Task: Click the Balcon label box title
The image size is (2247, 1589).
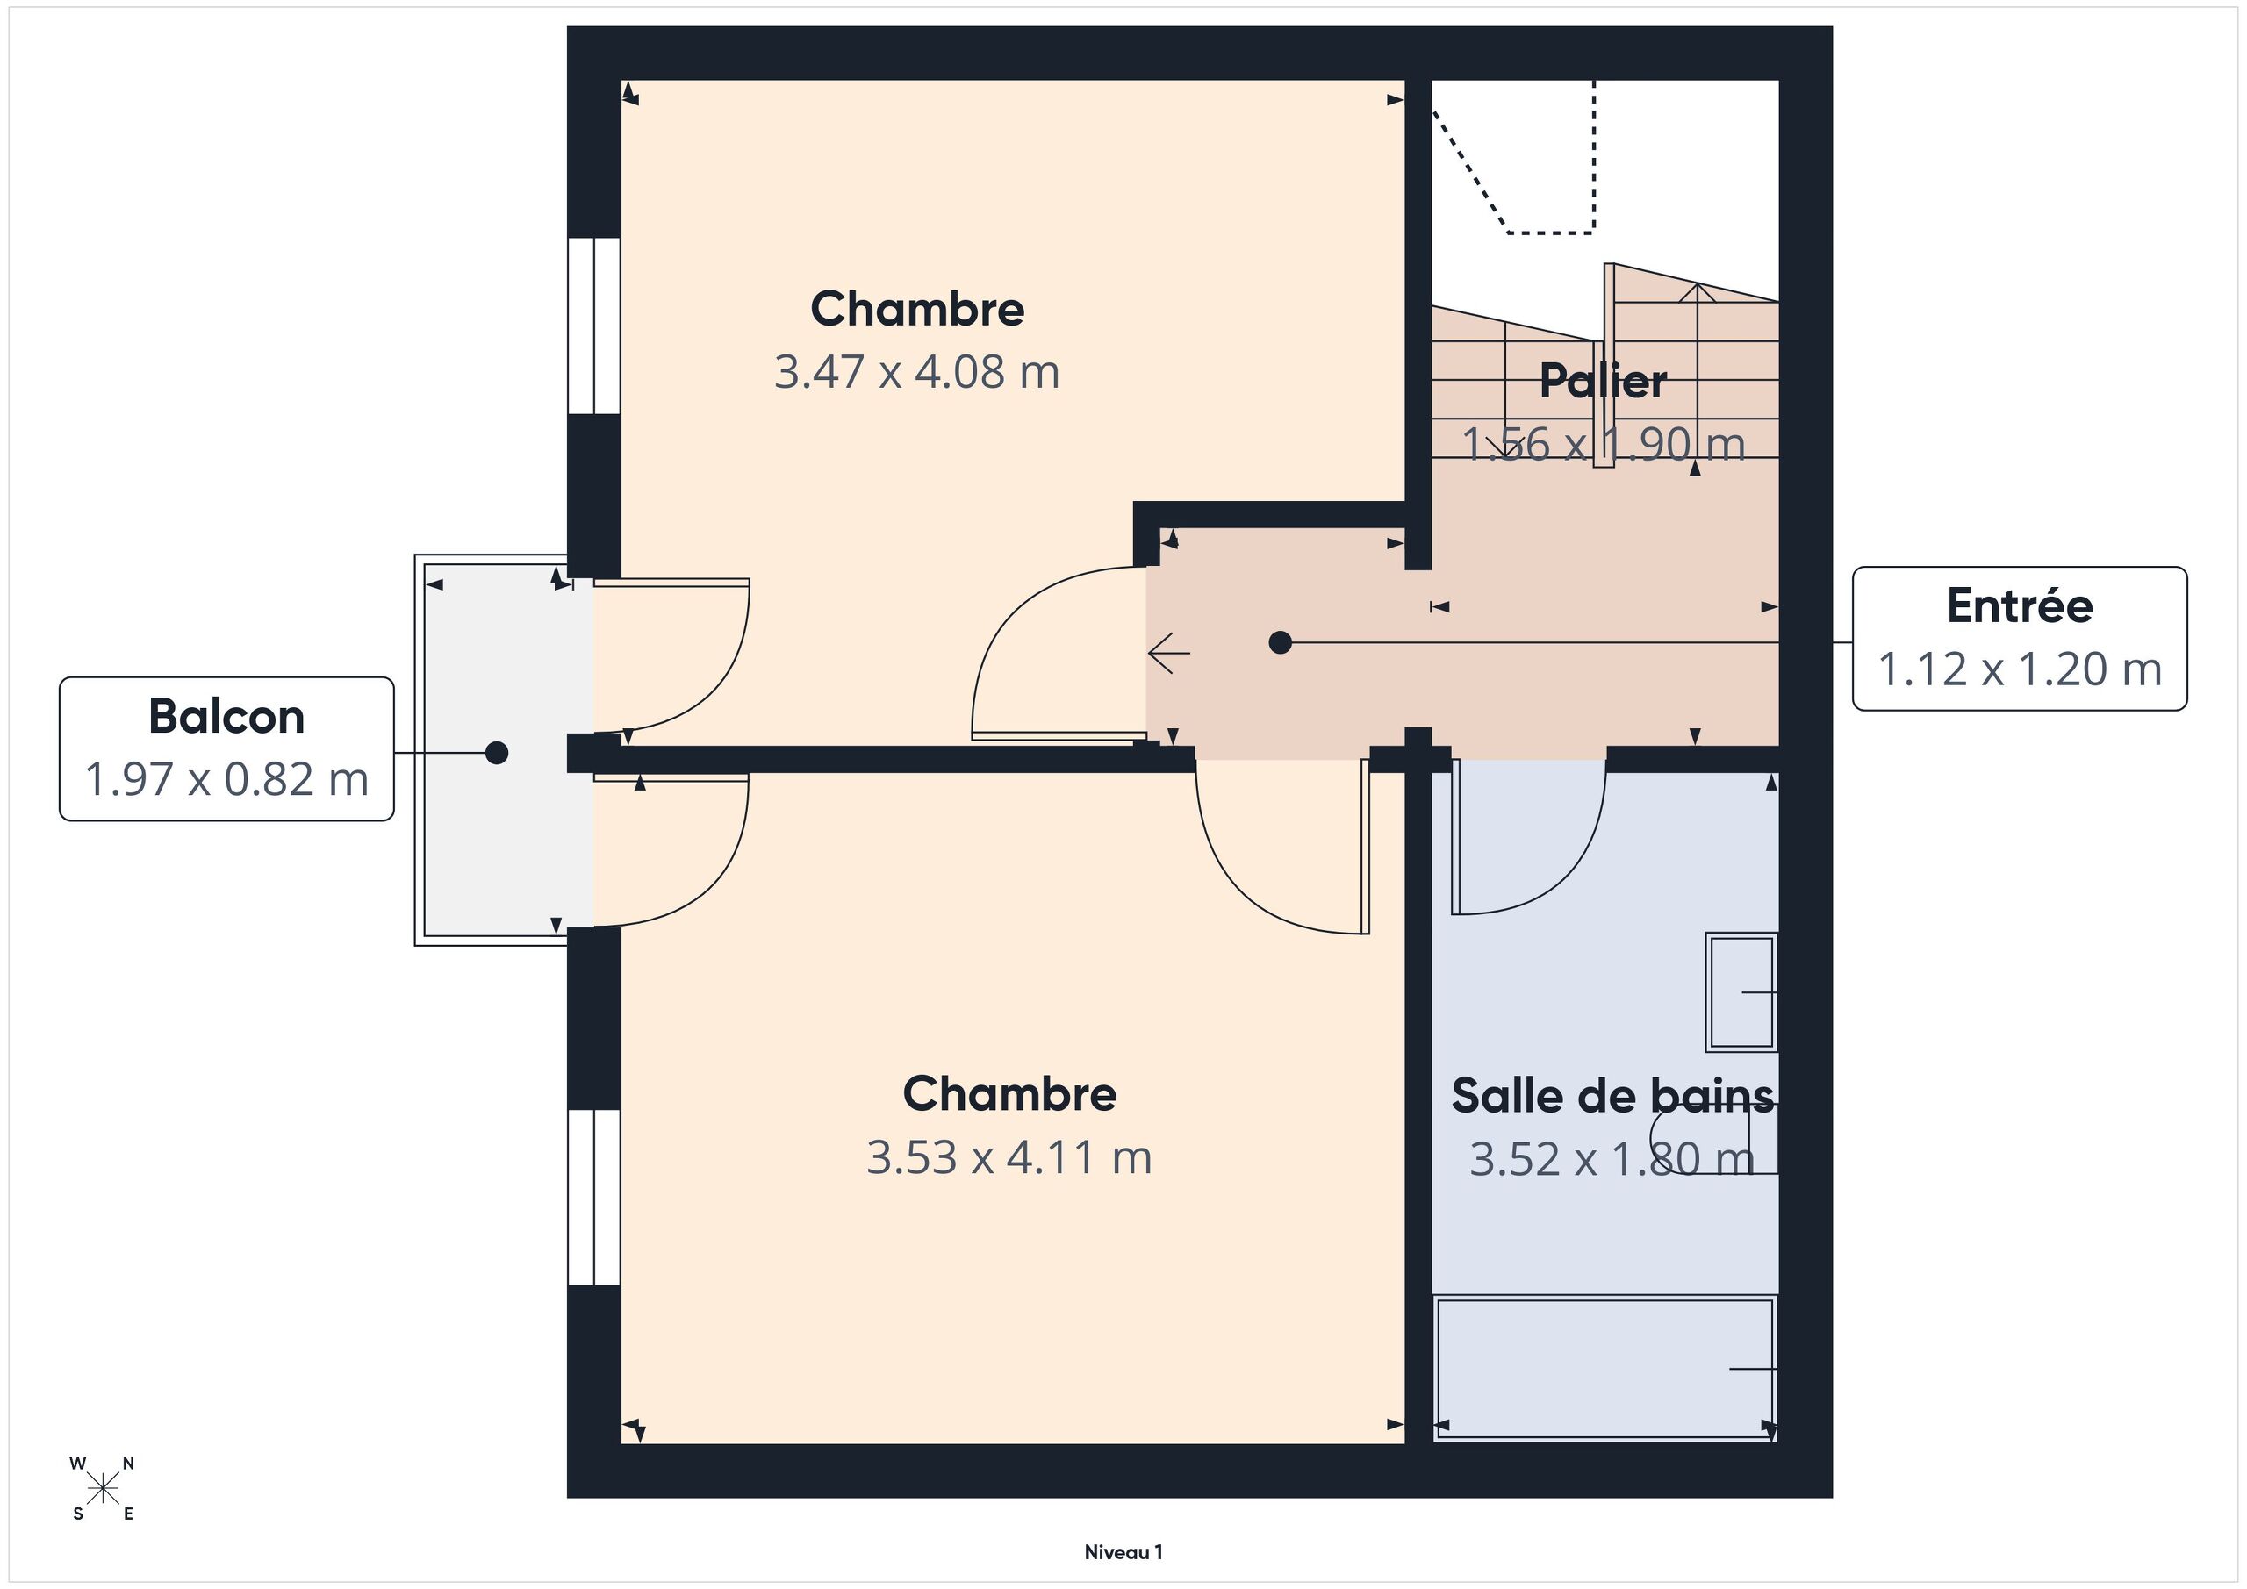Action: click(227, 716)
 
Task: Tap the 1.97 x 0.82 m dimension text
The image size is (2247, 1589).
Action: click(227, 780)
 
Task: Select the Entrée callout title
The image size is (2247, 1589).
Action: click(2020, 605)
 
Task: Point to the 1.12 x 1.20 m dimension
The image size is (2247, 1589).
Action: click(2020, 669)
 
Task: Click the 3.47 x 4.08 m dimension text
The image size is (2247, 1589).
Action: click(917, 372)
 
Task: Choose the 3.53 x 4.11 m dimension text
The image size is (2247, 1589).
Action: click(1009, 1157)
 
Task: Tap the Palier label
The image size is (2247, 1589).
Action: click(1603, 381)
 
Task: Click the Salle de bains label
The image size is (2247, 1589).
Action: click(1612, 1096)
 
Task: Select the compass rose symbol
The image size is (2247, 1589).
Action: click(102, 1489)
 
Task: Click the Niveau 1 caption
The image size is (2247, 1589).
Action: click(1123, 1552)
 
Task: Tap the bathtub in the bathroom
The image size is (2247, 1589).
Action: click(1605, 1369)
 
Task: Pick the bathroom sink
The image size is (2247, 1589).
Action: click(1741, 992)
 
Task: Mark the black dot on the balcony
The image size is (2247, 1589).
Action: click(497, 753)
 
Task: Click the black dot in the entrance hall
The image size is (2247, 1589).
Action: click(1280, 643)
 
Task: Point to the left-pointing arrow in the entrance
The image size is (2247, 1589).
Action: click(1168, 653)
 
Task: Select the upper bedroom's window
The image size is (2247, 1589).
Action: click(594, 326)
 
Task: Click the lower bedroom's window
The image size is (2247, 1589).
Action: click(594, 1197)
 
